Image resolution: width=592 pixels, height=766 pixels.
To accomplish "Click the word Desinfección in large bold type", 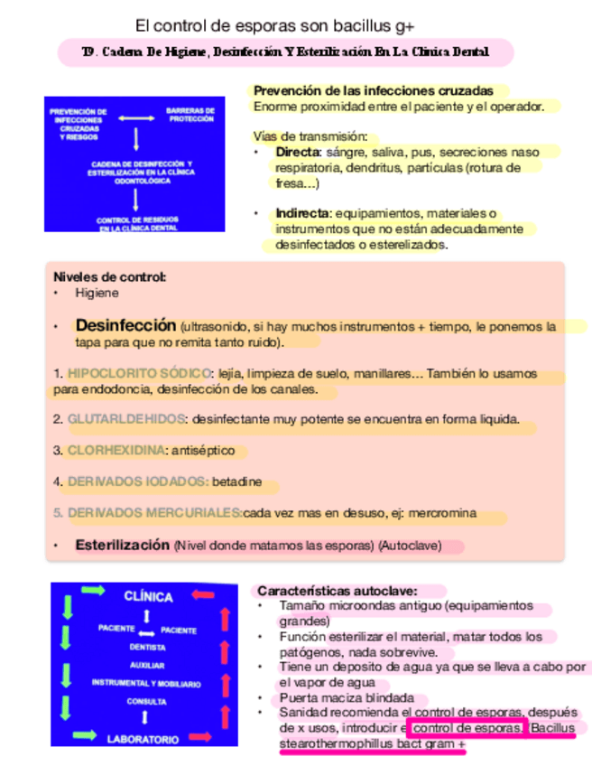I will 125,325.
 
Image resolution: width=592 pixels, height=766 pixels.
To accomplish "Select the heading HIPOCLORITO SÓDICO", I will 138,373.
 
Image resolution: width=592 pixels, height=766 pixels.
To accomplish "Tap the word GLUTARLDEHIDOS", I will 126,419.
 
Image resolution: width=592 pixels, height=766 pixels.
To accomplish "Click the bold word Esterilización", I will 123,546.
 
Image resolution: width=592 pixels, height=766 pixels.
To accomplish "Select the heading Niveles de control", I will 110,277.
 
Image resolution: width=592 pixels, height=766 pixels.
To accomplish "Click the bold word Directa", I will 297,152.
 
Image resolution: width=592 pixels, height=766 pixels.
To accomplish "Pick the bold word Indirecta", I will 303,213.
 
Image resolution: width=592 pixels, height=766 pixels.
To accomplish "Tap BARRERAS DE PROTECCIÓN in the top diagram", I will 190,116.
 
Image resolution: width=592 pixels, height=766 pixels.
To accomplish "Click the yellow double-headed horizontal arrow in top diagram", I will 136,117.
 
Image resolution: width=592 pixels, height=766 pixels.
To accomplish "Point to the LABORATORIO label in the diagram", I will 143,738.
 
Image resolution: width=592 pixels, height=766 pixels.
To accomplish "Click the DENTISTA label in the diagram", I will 147,647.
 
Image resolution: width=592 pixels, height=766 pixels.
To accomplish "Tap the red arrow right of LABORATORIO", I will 200,736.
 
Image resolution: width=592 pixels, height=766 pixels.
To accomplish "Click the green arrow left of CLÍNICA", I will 93,591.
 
